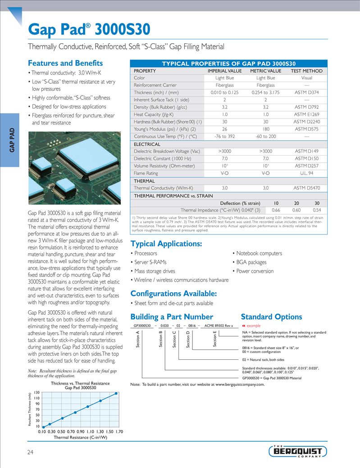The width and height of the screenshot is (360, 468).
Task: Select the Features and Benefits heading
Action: [x=65, y=63]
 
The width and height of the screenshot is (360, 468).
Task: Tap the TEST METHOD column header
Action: [x=306, y=71]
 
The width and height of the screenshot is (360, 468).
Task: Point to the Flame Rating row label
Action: [x=146, y=173]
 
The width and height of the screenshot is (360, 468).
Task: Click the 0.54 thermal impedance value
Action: [x=317, y=210]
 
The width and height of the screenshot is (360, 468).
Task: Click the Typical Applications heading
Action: [x=166, y=244]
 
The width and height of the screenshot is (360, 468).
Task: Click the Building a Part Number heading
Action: [x=171, y=317]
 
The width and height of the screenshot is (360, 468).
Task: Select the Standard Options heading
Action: [x=271, y=317]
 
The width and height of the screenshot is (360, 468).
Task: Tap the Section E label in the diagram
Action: [x=215, y=339]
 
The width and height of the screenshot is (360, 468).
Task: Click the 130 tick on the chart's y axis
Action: [x=37, y=393]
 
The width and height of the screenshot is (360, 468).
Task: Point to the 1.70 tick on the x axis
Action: [x=119, y=431]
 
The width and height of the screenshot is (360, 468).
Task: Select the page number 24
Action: [x=31, y=452]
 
